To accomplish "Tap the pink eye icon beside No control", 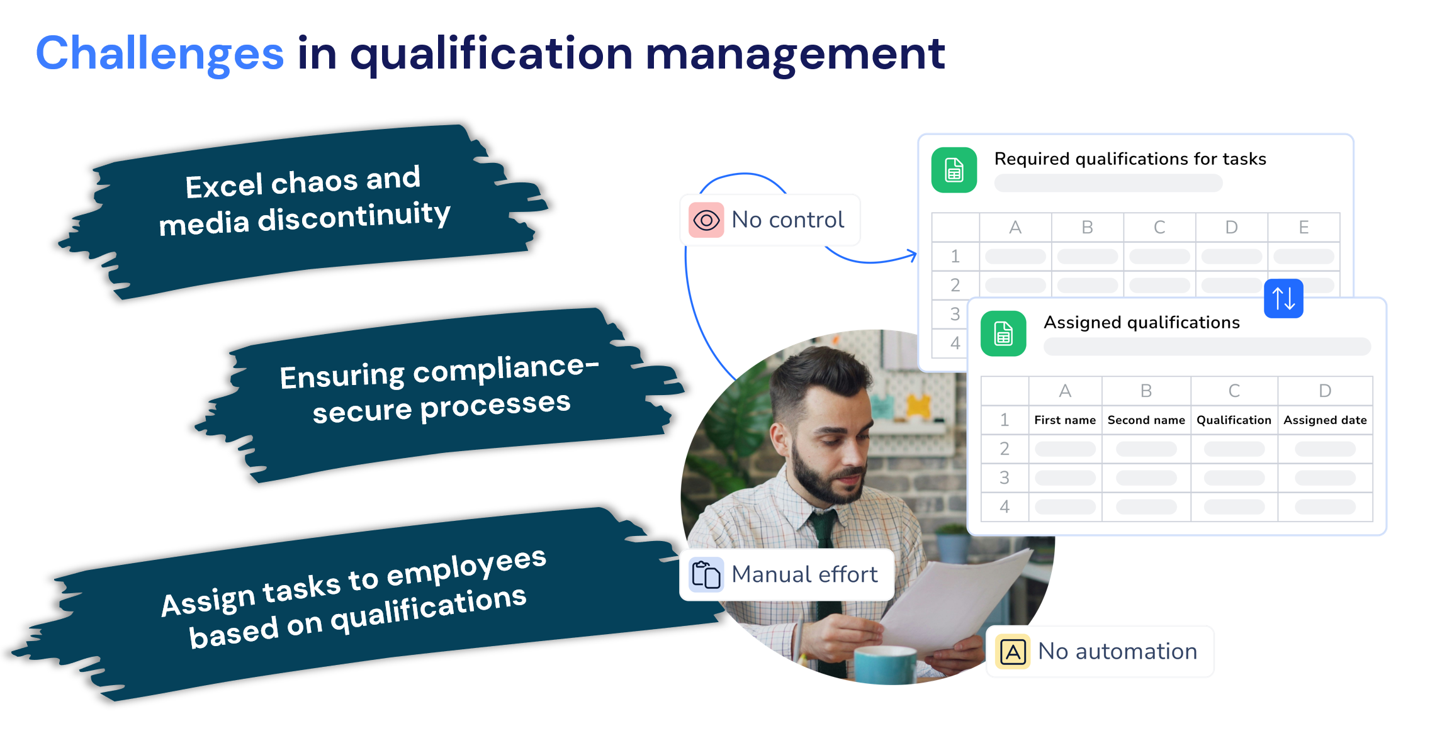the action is [706, 220].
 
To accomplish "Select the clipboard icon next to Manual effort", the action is [706, 574].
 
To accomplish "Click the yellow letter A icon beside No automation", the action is [1013, 651].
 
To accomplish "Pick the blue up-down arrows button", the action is [1283, 298].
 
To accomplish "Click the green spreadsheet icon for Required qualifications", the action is [954, 170].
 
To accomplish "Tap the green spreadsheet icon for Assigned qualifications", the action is [1003, 333].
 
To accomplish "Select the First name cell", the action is [1065, 420].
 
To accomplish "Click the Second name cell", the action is [1146, 420].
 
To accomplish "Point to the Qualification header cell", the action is [1234, 420].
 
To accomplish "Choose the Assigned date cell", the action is [1325, 420].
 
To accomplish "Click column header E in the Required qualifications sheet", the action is [1303, 227].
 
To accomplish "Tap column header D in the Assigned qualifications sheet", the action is [1325, 391].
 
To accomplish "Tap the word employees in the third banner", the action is [466, 566].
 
